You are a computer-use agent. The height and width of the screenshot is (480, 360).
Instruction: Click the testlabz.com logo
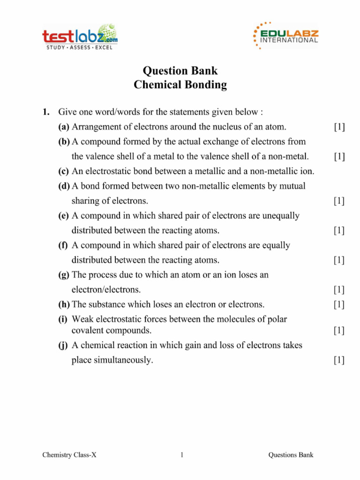coord(80,36)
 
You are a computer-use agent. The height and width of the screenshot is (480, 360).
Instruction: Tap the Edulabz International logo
coord(285,36)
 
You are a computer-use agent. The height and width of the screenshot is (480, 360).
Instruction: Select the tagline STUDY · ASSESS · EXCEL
coord(79,48)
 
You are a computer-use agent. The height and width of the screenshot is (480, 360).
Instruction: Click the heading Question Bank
coord(180,71)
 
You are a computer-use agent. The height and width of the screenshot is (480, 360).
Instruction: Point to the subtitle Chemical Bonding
coord(180,85)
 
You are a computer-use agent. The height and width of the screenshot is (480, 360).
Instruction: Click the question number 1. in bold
coord(46,112)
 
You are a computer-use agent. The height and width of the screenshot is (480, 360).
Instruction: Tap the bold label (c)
coord(64,172)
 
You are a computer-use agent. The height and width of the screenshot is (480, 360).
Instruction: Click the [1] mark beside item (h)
coord(339,305)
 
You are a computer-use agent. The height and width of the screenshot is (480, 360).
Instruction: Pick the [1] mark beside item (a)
coord(339,127)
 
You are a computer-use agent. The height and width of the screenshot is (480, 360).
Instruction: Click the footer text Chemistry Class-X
coord(69,455)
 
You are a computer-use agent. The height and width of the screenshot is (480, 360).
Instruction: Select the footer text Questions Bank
coord(291,455)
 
